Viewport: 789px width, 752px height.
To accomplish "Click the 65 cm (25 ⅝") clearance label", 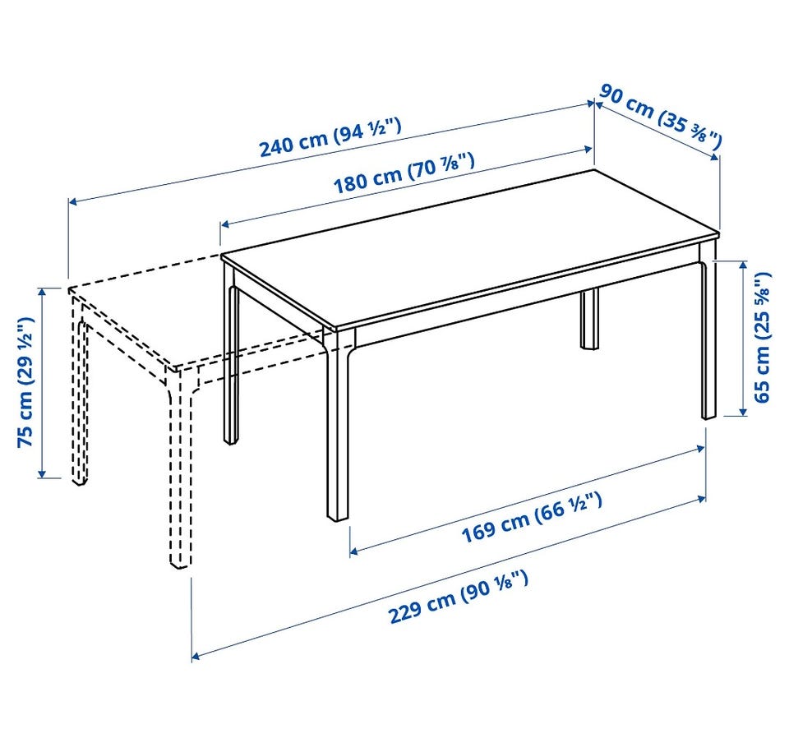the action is click(x=761, y=337).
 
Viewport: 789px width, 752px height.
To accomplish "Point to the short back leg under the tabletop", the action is click(x=590, y=319).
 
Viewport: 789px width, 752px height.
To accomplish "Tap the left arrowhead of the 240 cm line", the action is click(x=72, y=202).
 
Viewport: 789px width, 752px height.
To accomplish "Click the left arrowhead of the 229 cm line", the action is click(x=196, y=656).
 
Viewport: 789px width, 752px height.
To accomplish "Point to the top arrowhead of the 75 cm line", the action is click(x=42, y=291).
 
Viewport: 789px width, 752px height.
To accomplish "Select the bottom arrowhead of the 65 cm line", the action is click(x=743, y=411).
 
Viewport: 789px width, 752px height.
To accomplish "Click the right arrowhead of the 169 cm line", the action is click(x=701, y=447).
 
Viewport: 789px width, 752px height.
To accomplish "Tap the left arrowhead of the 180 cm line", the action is click(x=225, y=224).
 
